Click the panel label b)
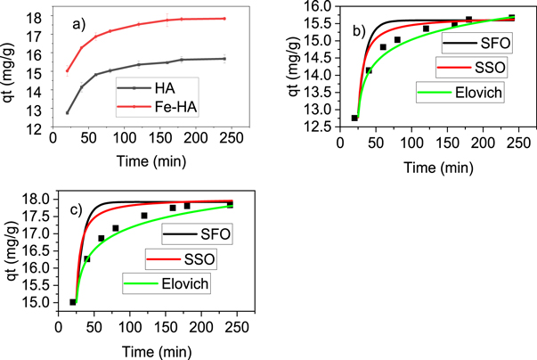[360, 33]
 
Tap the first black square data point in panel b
[355, 118]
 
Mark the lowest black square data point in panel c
[73, 302]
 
